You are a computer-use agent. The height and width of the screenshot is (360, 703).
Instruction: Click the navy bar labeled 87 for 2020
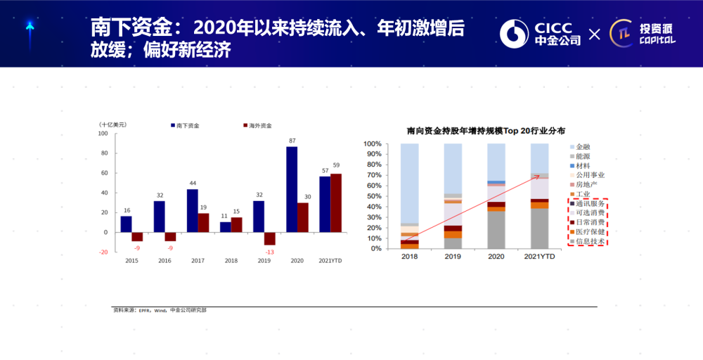click(x=292, y=189)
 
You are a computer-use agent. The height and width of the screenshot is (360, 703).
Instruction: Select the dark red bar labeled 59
click(x=336, y=202)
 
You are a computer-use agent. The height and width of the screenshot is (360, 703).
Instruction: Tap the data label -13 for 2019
click(x=269, y=252)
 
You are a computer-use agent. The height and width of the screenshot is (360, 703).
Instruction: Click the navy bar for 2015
click(x=126, y=224)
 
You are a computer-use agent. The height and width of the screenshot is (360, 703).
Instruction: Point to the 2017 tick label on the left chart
click(x=198, y=261)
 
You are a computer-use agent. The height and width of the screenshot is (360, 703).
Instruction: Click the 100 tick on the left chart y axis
click(x=103, y=134)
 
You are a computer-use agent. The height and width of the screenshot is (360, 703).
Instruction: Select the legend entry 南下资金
click(x=186, y=125)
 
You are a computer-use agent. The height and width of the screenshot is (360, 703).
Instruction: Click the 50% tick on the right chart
click(x=372, y=196)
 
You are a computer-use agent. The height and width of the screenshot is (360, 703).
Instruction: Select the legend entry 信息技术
click(x=590, y=241)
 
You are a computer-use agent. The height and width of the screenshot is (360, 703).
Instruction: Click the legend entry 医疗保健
click(x=590, y=231)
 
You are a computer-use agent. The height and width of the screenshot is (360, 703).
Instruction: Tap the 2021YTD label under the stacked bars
click(x=540, y=257)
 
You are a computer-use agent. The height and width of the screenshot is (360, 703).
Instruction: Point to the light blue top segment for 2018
click(x=409, y=183)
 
